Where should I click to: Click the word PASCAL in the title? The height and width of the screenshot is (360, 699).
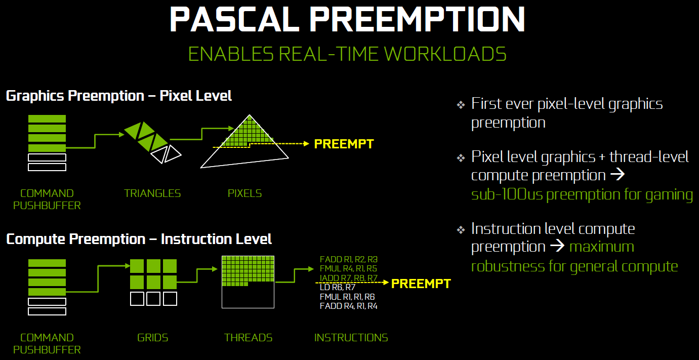[234, 19]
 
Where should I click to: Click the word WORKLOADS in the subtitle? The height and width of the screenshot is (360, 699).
[445, 54]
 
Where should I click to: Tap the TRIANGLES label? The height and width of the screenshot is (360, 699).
[152, 193]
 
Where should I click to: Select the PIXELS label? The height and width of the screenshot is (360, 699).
[244, 193]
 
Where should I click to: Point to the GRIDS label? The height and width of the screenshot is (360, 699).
[152, 338]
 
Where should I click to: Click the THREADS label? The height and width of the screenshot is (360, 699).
[248, 338]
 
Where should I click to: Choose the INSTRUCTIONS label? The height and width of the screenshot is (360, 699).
[351, 338]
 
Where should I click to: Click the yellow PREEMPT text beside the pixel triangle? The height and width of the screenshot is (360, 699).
[344, 144]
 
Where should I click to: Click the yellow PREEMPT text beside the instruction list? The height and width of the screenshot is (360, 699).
[421, 284]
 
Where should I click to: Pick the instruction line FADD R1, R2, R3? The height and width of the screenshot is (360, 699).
[349, 259]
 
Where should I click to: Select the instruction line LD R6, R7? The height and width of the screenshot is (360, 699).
[338, 287]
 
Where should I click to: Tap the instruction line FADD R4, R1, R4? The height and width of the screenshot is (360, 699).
[349, 306]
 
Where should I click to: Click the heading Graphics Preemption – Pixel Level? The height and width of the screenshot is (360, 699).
[119, 96]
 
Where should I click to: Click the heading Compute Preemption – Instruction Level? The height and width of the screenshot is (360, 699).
[139, 239]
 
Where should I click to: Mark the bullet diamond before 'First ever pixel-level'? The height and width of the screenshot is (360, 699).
[461, 105]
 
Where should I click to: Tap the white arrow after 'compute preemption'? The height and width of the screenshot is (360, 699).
[618, 174]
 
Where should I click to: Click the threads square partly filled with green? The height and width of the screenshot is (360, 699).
[248, 282]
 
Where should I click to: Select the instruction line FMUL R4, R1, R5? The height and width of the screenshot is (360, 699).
[348, 268]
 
